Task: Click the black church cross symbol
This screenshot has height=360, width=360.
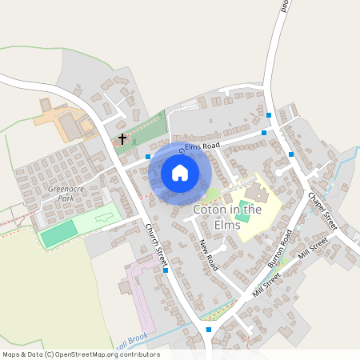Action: coord(122,139)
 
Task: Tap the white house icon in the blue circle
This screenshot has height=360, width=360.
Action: coord(180,173)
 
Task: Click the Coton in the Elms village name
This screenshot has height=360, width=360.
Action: coord(227,216)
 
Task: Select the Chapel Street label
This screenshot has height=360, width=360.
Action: coord(322,210)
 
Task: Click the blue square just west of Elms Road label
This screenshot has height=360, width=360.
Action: coord(148,158)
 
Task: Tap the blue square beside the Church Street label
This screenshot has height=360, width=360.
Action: coord(165,270)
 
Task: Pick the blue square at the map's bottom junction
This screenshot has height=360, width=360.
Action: coord(209,329)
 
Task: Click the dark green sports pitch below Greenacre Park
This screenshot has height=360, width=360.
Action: coord(58,234)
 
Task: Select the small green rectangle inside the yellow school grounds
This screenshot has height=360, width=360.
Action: coord(242,218)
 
